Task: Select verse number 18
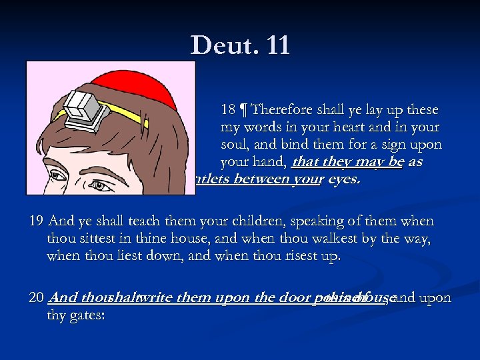point(227,109)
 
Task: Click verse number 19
point(35,221)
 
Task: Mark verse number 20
point(36,297)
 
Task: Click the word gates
point(85,315)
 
